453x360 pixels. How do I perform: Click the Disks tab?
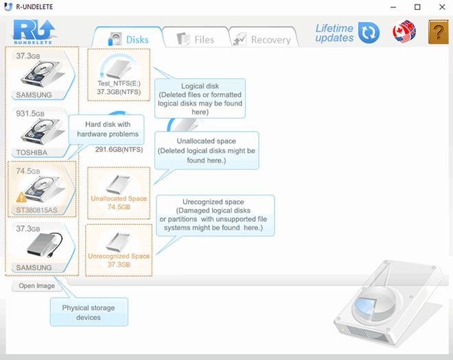tap(128, 38)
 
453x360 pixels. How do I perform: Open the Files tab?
tap(196, 39)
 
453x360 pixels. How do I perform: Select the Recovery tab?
tap(262, 39)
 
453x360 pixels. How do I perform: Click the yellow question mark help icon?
tap(439, 32)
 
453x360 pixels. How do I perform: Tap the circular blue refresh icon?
tap(369, 32)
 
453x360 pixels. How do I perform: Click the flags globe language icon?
tap(404, 32)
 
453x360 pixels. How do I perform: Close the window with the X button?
tap(442, 7)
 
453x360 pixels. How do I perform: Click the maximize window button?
tap(417, 7)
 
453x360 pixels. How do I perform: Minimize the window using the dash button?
tap(393, 8)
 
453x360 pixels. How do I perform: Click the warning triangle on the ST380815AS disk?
tap(21, 197)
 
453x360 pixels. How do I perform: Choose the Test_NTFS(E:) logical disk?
tap(119, 75)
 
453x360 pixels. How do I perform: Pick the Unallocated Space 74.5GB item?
tap(119, 193)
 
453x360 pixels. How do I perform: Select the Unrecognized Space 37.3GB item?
tap(119, 250)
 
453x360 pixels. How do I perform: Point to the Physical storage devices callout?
tap(89, 312)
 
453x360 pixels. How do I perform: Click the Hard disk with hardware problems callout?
tap(106, 130)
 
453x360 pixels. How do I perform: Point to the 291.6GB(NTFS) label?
tap(119, 149)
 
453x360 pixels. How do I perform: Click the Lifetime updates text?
tap(334, 33)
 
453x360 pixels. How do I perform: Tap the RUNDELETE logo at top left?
tap(34, 32)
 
